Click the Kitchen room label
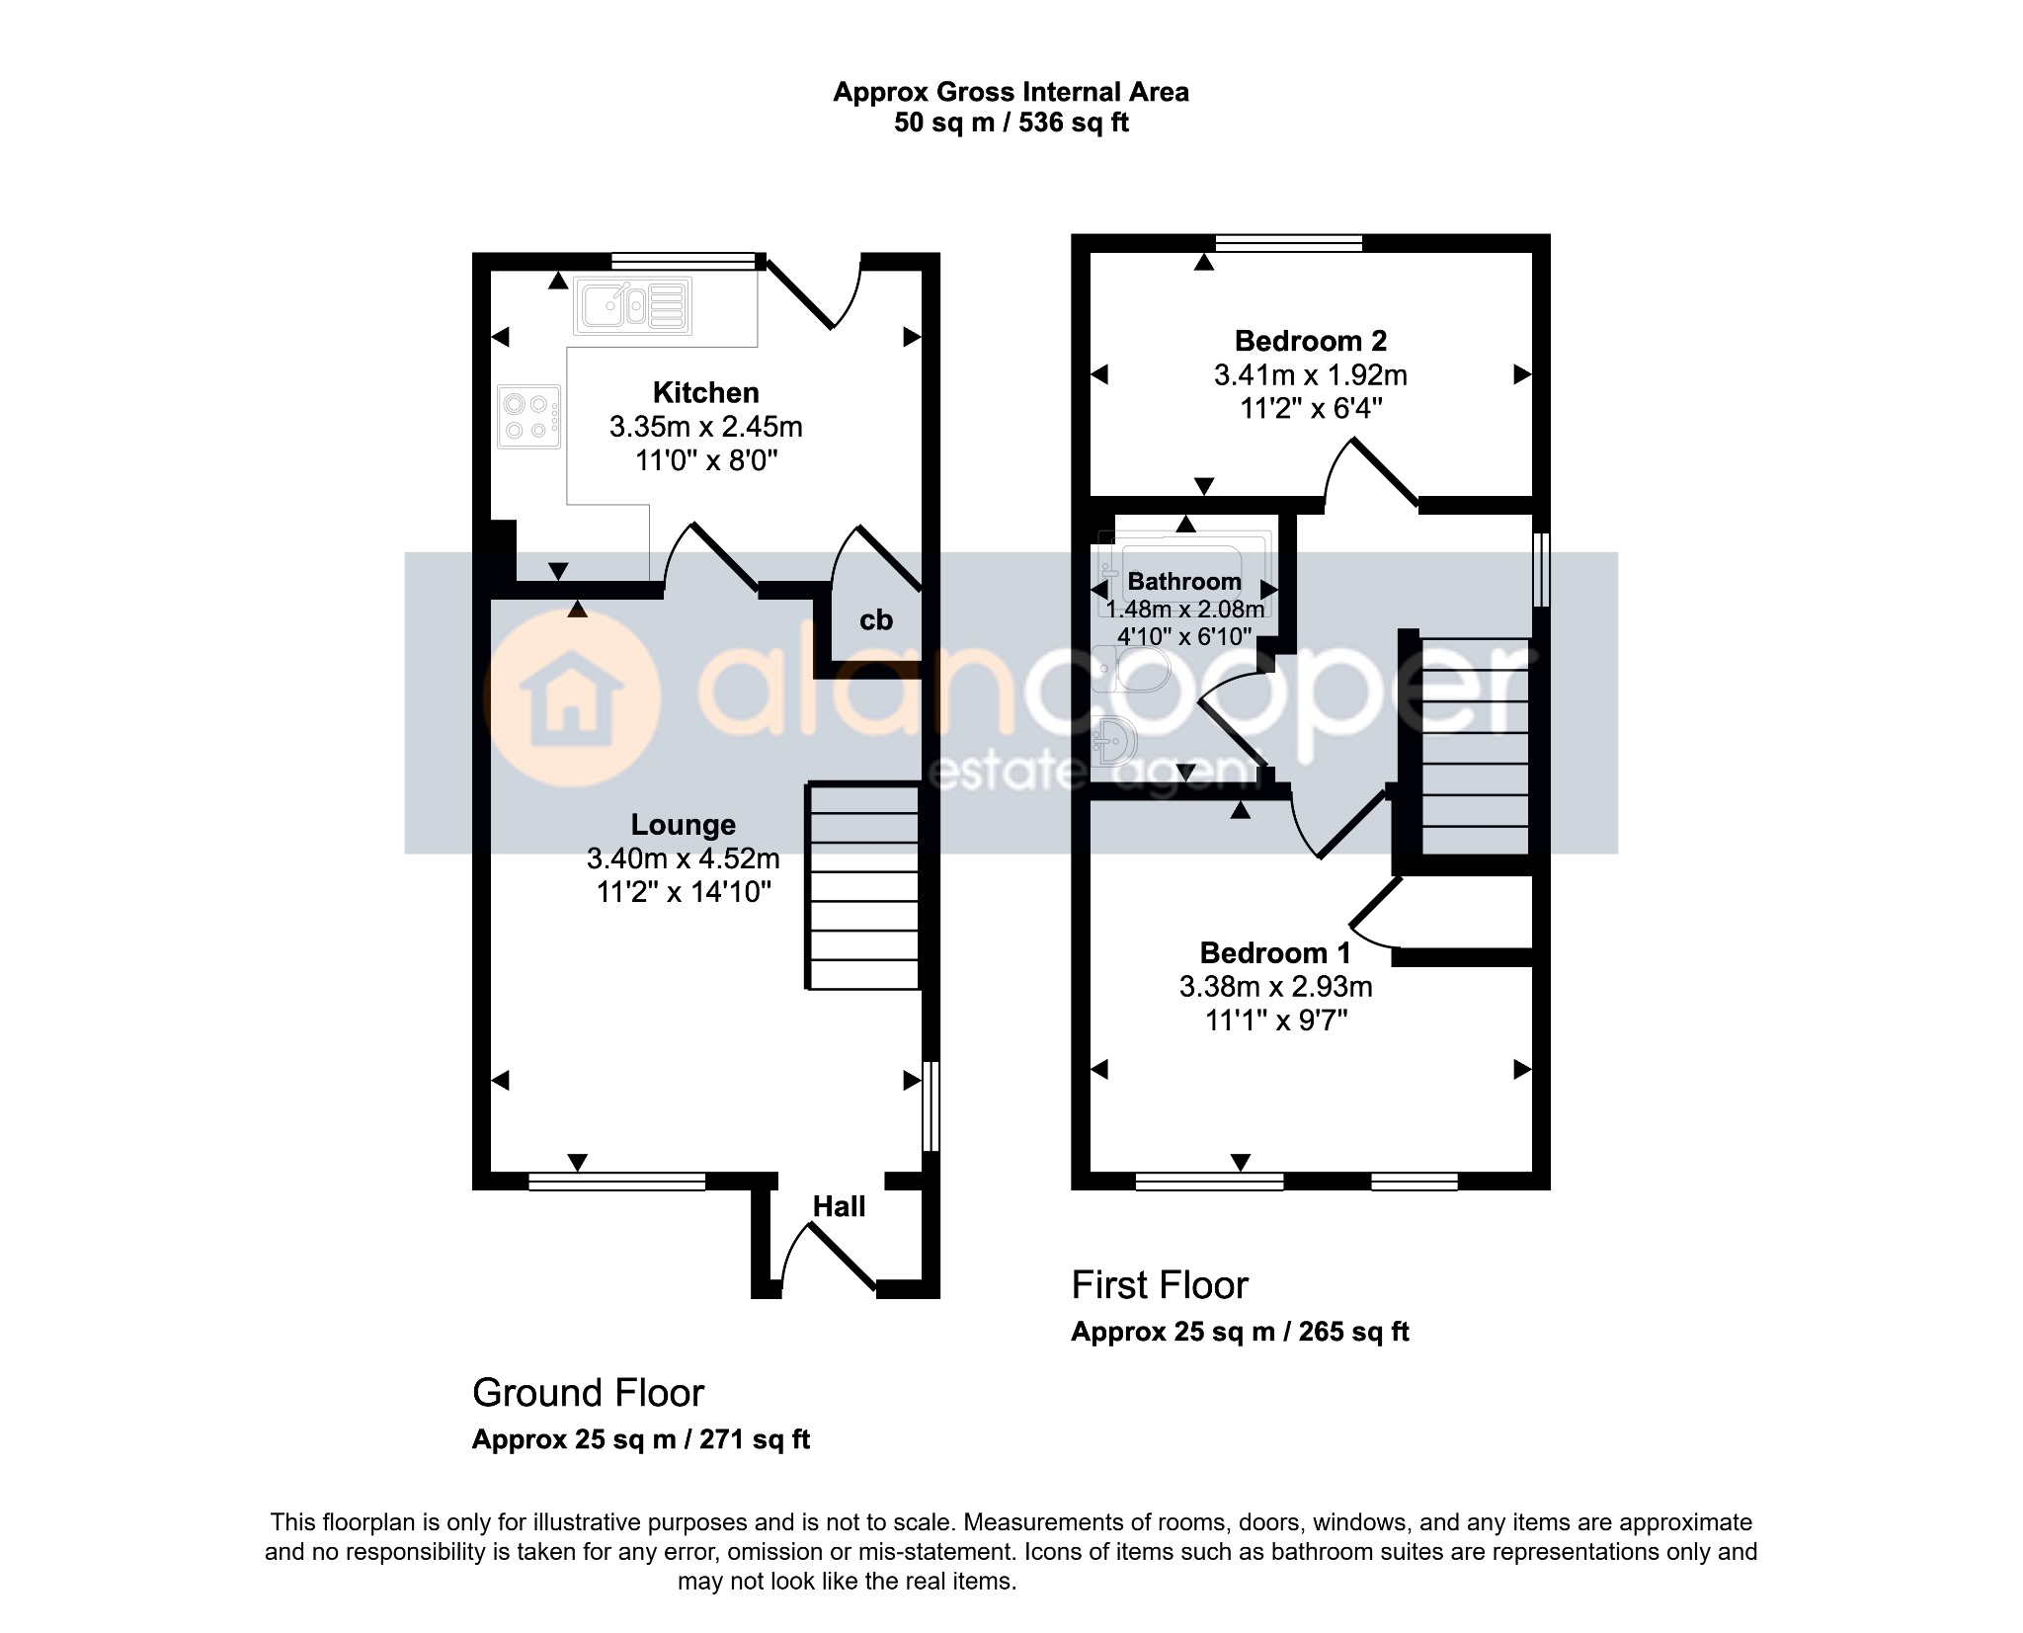pyautogui.click(x=705, y=392)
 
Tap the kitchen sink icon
pyautogui.click(x=633, y=304)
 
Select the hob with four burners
pyautogui.click(x=529, y=416)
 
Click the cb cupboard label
pyautogui.click(x=876, y=620)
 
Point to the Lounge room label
pyautogui.click(x=684, y=825)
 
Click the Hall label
pyautogui.click(x=839, y=1206)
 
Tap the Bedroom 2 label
pyautogui.click(x=1311, y=341)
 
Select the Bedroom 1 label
pyautogui.click(x=1275, y=953)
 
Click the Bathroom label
pyautogui.click(x=1184, y=581)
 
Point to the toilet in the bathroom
pyautogui.click(x=1132, y=669)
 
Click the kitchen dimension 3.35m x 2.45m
pyautogui.click(x=705, y=427)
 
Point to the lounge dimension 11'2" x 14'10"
pyautogui.click(x=684, y=892)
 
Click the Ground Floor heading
pyautogui.click(x=588, y=1393)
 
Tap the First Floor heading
pyautogui.click(x=1160, y=1285)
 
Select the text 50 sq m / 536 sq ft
pyautogui.click(x=1011, y=122)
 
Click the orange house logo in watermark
pyautogui.click(x=570, y=698)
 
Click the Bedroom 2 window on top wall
pyautogui.click(x=1289, y=243)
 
